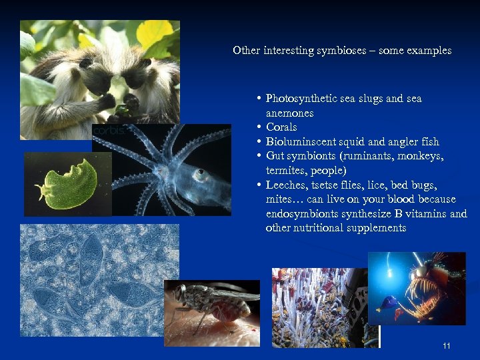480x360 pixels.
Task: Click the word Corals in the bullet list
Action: (x=281, y=127)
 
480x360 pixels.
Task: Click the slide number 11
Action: (x=447, y=346)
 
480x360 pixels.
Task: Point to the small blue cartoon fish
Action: (x=386, y=304)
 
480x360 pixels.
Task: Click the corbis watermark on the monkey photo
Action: (x=107, y=131)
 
